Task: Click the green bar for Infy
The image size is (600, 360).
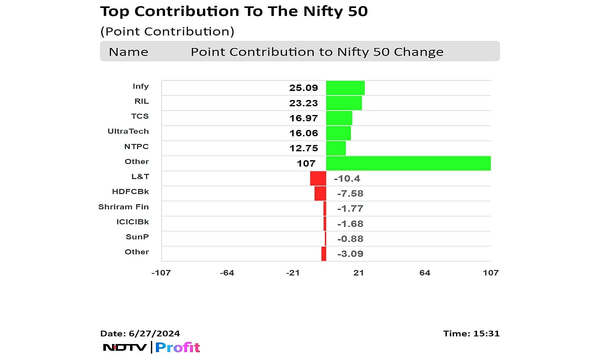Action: pos(345,88)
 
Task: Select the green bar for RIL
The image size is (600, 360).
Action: pos(343,103)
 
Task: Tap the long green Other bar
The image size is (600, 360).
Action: pos(408,163)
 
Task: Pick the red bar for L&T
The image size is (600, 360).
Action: pos(318,178)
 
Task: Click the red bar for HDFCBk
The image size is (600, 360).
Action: pos(320,193)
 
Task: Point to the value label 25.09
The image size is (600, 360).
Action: pos(303,88)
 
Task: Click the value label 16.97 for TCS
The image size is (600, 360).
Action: pos(303,118)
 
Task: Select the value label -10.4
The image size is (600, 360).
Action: pos(347,178)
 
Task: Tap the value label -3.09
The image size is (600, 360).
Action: pos(349,253)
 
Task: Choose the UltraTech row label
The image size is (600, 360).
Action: pos(128,131)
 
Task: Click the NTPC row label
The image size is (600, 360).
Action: pos(136,146)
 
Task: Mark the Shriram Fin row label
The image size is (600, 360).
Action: pos(123,206)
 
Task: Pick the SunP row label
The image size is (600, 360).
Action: pos(137,236)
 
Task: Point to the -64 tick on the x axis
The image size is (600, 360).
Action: pos(227,272)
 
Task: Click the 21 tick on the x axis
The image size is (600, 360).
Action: pos(358,272)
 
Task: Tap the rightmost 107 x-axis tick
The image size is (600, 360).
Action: pos(490,272)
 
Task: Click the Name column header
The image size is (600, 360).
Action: pos(128,52)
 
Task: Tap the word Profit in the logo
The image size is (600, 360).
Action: pos(177,347)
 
